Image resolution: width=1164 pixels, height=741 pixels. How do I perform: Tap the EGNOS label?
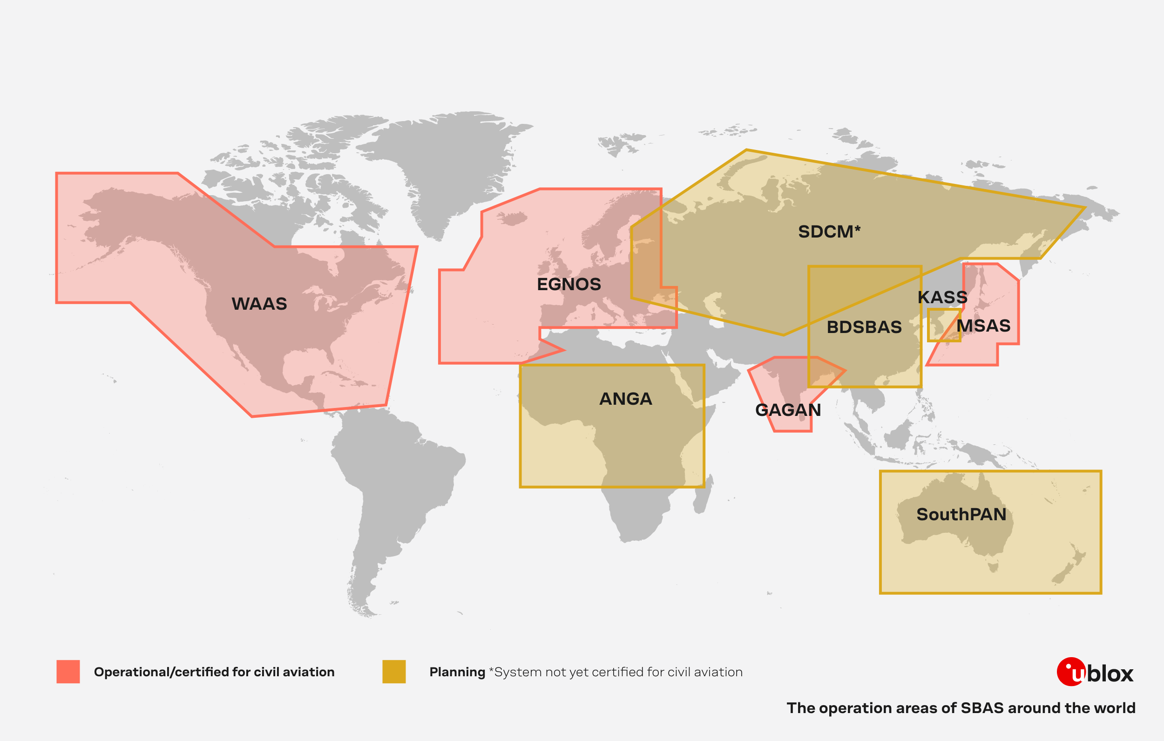click(x=568, y=284)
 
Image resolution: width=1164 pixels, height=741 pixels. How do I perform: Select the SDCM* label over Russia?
click(x=828, y=231)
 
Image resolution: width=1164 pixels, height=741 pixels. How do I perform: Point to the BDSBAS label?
click(x=864, y=327)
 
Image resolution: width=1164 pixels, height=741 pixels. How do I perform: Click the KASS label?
click(x=942, y=297)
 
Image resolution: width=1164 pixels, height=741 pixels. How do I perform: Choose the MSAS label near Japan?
click(x=983, y=326)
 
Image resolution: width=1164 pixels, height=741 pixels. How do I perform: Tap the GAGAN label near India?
click(x=787, y=410)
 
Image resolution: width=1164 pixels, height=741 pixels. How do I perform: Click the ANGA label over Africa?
click(x=625, y=399)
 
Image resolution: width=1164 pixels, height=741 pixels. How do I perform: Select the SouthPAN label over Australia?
click(x=961, y=514)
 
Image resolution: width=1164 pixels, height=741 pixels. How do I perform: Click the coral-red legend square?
click(x=68, y=671)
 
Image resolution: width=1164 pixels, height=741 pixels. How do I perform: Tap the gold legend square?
click(x=393, y=671)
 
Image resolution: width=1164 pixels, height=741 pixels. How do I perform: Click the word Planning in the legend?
click(x=457, y=672)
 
